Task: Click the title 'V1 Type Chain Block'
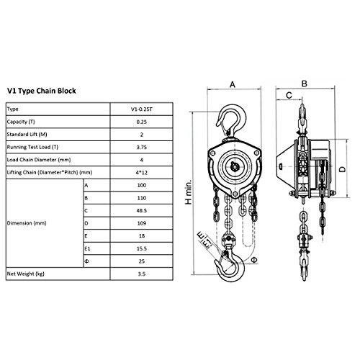pos(42,91)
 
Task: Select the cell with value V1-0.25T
pos(142,109)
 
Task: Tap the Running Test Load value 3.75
pos(142,147)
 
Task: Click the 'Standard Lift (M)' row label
pos(27,135)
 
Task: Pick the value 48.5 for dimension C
pos(142,210)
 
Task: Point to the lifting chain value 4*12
pos(142,173)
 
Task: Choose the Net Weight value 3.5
pos(142,274)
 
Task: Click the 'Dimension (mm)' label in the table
pos(27,223)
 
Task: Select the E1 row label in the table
pos(87,248)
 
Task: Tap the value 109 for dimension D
pos(142,223)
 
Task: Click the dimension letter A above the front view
pos(233,84)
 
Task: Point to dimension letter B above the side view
pos(305,84)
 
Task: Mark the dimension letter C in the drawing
pos(289,96)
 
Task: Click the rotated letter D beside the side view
pos(343,169)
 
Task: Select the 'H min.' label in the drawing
pos(189,192)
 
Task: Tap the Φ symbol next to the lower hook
pos(254,260)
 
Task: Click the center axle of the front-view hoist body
pos(234,166)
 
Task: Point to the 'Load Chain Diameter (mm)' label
pos(39,160)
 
